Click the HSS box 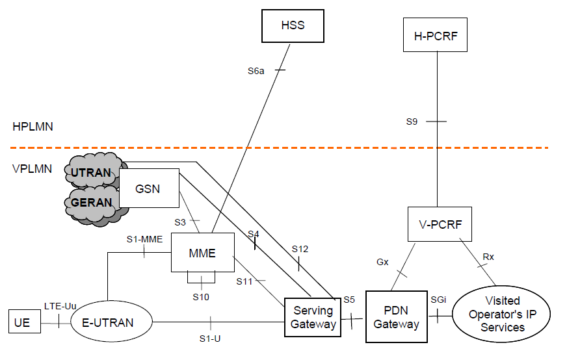[293, 25]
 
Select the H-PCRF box [437, 36]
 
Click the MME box [202, 252]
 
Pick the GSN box [149, 188]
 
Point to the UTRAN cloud [90, 172]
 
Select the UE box [22, 322]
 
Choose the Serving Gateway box [312, 317]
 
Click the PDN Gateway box [397, 316]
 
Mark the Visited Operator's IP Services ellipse [501, 314]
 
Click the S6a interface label [256, 70]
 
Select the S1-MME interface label [144, 239]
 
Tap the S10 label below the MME [201, 297]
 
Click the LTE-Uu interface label [57, 305]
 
